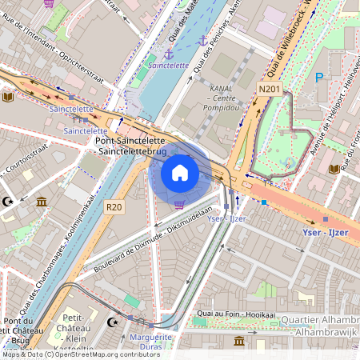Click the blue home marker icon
(180, 172)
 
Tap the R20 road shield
(114, 207)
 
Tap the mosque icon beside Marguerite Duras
(113, 322)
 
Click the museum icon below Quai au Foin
(238, 342)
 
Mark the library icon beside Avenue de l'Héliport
(334, 169)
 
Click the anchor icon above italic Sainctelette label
(169, 52)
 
